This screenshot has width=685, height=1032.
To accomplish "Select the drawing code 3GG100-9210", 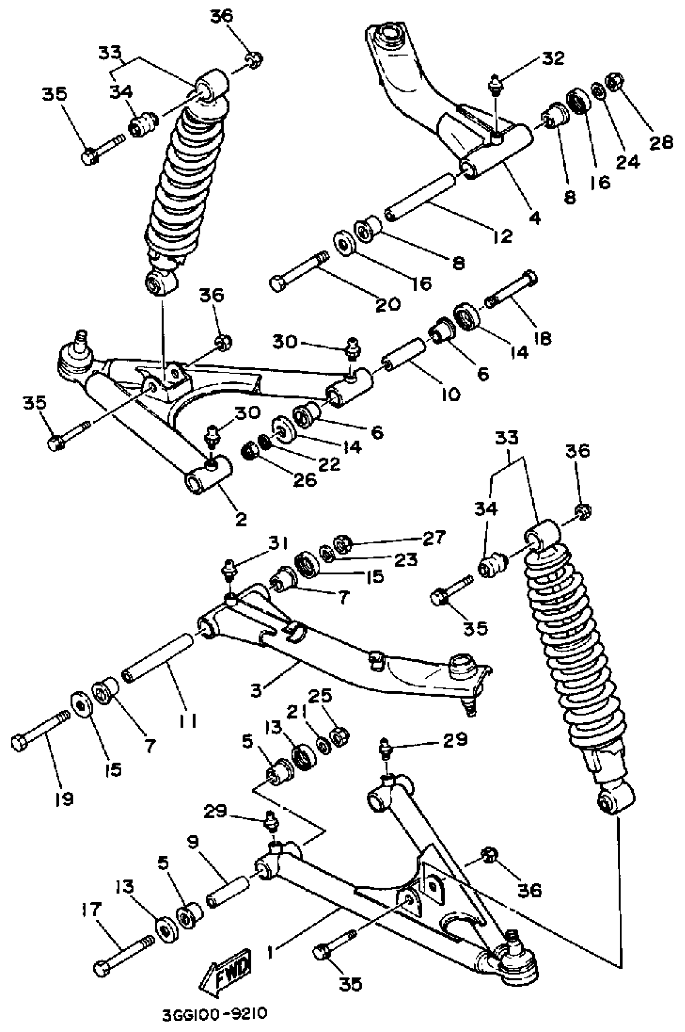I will (214, 1013).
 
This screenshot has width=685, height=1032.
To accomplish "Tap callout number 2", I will (241, 519).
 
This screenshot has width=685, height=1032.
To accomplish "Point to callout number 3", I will (256, 691).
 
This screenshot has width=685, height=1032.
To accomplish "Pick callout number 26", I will (305, 480).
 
